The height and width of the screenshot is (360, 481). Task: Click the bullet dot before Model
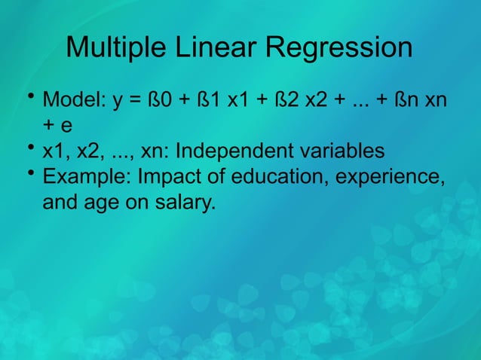coord(30,96)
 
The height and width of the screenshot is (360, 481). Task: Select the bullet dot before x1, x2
coord(30,148)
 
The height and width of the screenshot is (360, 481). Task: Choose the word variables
coord(341,151)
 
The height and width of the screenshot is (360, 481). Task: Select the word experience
coord(388,178)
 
